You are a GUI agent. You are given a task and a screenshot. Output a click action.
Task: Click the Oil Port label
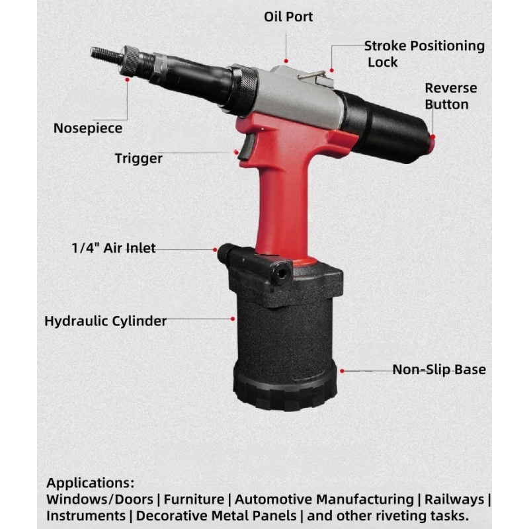(x=288, y=17)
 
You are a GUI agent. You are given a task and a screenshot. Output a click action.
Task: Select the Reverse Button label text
(x=451, y=96)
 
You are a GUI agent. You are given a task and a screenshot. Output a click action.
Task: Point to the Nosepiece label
(x=88, y=128)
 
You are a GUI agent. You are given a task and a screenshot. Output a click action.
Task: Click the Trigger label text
(x=139, y=159)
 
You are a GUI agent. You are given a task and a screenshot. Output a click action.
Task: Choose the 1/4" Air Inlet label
(x=114, y=248)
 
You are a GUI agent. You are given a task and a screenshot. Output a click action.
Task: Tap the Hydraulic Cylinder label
(x=106, y=321)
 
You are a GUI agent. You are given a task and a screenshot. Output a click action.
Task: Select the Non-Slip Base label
(x=439, y=370)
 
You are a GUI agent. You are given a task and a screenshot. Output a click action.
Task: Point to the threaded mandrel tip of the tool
(x=104, y=54)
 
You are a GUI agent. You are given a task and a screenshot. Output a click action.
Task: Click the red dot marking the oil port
(x=286, y=61)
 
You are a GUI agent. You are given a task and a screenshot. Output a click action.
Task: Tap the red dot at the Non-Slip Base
(x=342, y=371)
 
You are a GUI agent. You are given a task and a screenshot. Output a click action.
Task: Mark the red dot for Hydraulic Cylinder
(x=233, y=319)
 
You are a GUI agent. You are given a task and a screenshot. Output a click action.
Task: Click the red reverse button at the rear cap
(x=432, y=143)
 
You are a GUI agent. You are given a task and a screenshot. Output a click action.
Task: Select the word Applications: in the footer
(x=91, y=483)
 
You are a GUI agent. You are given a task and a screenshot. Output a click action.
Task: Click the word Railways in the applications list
(x=454, y=499)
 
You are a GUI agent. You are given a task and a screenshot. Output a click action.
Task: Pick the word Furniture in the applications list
(x=194, y=499)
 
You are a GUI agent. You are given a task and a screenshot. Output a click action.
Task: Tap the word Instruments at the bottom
(x=86, y=516)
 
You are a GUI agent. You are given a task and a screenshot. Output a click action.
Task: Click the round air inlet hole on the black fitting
(x=282, y=272)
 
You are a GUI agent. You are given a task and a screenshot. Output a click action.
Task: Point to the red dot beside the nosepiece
(x=127, y=79)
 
